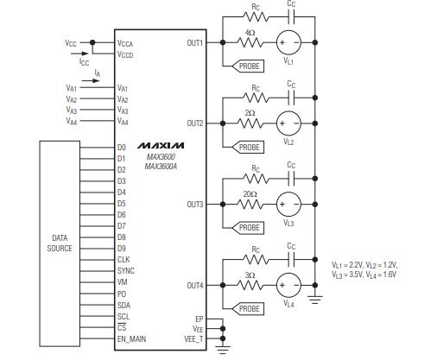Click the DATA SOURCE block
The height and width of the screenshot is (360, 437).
click(x=60, y=243)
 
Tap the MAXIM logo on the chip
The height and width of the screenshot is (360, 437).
click(x=161, y=142)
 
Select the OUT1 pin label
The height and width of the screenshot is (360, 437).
click(x=195, y=42)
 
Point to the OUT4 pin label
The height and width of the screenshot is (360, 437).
click(x=195, y=285)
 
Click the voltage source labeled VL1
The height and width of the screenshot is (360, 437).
click(x=288, y=43)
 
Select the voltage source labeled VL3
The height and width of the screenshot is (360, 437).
click(x=288, y=205)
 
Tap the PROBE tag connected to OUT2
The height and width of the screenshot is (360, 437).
click(x=250, y=148)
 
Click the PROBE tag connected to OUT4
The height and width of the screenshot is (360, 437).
click(x=250, y=309)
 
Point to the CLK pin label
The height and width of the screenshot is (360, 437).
click(x=123, y=259)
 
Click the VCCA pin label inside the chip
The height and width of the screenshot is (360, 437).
click(x=125, y=42)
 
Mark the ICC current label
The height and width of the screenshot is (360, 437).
click(x=84, y=63)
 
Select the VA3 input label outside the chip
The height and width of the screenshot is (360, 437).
click(x=72, y=111)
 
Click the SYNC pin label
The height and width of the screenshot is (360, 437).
click(x=125, y=270)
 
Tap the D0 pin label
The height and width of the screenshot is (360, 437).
click(x=122, y=148)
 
